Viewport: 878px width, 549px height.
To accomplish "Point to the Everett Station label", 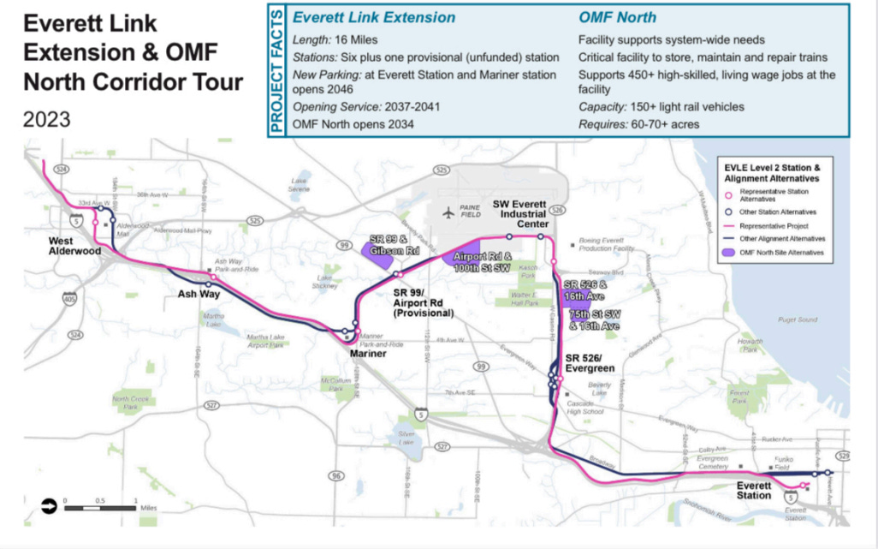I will click(754, 491).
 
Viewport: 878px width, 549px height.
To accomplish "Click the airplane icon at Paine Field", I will click(447, 212).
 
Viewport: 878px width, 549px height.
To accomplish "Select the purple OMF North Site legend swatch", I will click(729, 253).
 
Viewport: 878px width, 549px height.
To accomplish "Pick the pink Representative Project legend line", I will click(729, 225).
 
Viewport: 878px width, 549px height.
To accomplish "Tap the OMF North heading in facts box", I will click(618, 18).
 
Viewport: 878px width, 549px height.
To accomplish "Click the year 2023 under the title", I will click(47, 120).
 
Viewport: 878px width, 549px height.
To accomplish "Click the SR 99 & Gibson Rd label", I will click(395, 243).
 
